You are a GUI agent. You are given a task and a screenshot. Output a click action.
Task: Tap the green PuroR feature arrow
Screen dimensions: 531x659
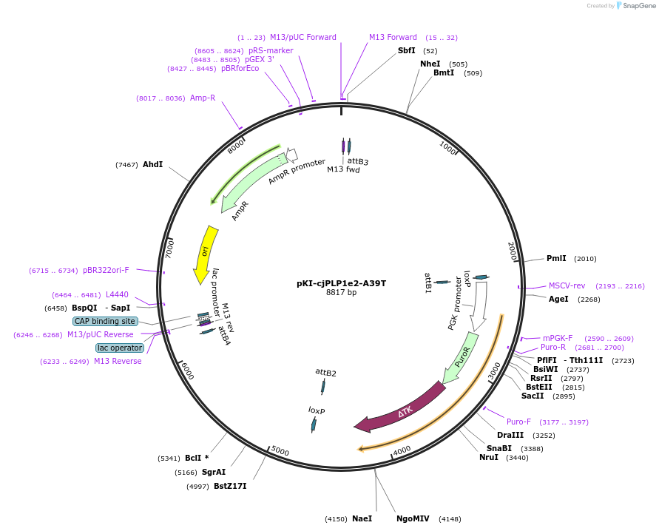(459, 362)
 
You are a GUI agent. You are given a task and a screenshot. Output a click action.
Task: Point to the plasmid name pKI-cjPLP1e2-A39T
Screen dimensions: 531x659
(341, 283)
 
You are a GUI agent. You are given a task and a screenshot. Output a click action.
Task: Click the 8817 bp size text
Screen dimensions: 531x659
(341, 293)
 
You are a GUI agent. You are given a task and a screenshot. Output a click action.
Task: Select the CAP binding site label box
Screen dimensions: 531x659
(105, 322)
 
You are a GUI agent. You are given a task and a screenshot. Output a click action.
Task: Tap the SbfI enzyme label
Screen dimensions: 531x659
(407, 50)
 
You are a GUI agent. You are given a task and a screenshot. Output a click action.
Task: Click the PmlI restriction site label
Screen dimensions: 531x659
(556, 259)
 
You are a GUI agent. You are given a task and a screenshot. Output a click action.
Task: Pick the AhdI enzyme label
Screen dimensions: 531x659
(152, 164)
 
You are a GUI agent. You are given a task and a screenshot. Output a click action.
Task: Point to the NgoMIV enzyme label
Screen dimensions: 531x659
(413, 518)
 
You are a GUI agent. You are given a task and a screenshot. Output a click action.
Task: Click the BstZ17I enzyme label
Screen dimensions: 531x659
(230, 486)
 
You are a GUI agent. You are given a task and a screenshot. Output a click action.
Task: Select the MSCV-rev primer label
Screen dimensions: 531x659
(567, 285)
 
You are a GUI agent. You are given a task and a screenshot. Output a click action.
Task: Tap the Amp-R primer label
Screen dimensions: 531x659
(203, 98)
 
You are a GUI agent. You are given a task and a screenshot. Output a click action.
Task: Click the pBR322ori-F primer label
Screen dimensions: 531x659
(106, 270)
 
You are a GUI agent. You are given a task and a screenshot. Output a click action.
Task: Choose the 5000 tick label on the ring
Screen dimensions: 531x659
(280, 450)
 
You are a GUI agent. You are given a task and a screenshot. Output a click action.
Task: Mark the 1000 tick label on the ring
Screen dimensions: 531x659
(447, 147)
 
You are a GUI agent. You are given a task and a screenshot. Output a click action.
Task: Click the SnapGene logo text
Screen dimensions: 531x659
(641, 6)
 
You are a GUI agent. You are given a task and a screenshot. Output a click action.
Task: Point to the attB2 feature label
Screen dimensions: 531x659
(325, 373)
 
